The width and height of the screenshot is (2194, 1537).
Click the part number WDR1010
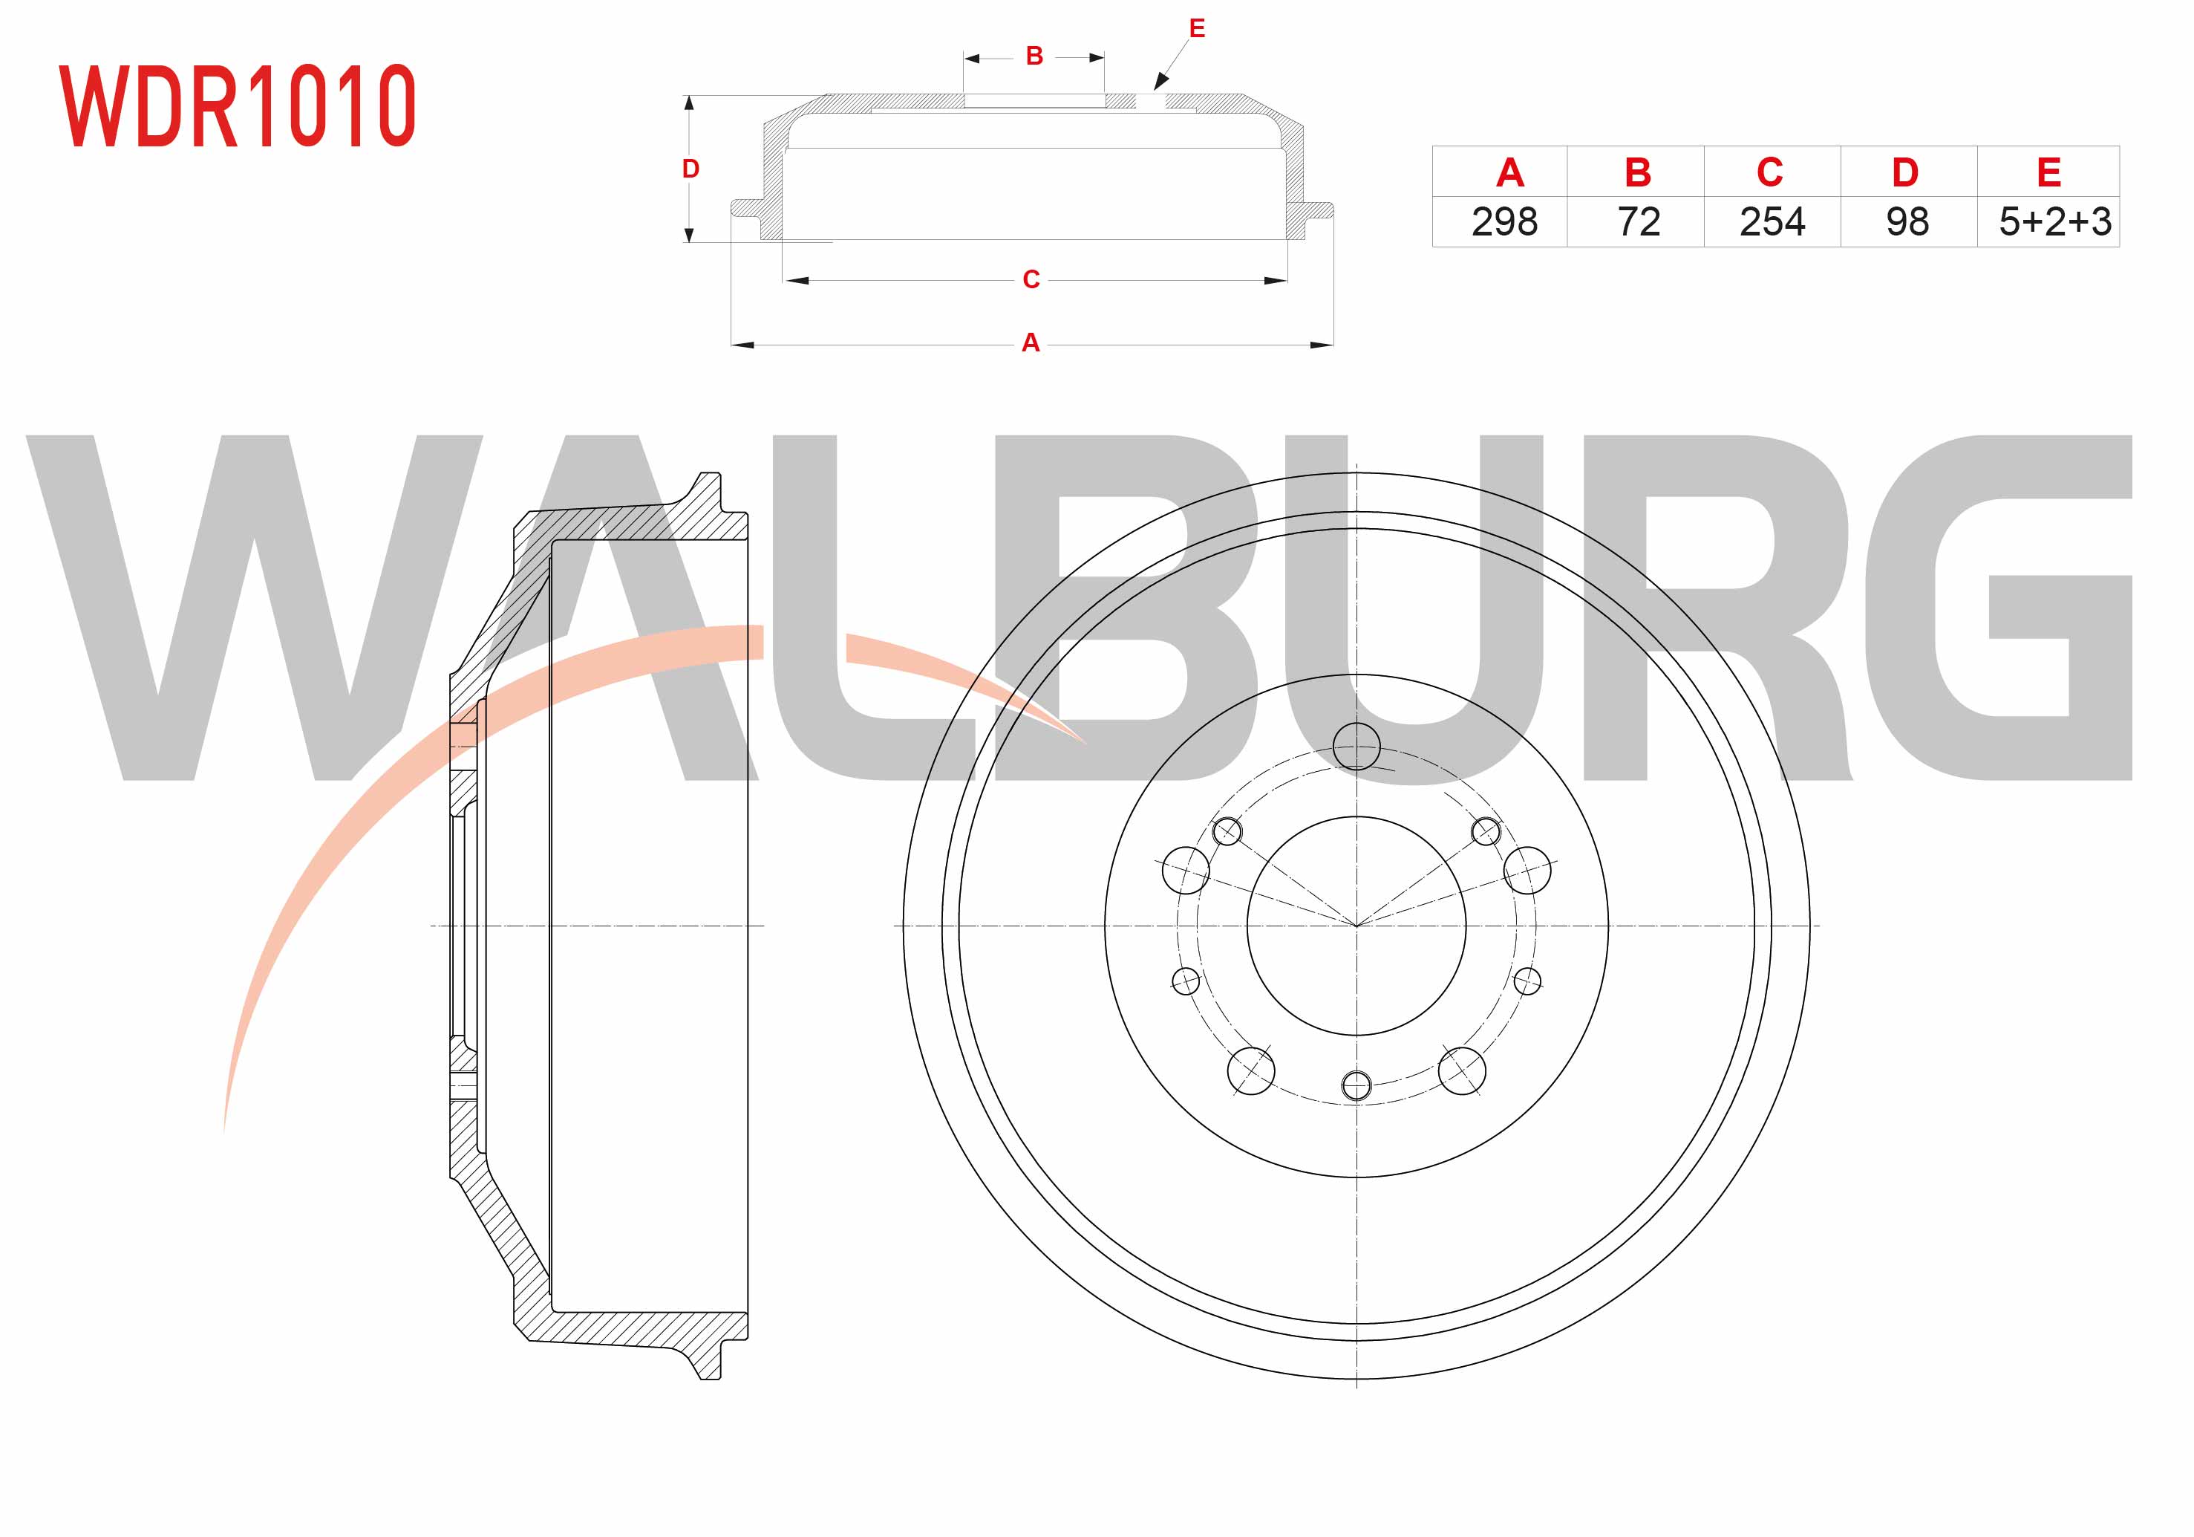[x=238, y=106]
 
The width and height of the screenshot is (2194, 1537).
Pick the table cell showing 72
[x=1638, y=222]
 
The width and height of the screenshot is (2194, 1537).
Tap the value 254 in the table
[x=1772, y=222]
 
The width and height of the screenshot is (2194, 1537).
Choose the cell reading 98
[x=1907, y=222]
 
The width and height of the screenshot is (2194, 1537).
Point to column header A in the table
[x=1509, y=173]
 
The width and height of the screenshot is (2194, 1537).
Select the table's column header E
[x=2048, y=173]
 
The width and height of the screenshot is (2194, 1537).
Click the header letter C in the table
[x=1770, y=173]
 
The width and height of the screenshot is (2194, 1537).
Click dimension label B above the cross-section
[x=1034, y=56]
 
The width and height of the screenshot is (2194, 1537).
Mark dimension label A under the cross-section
[x=1030, y=342]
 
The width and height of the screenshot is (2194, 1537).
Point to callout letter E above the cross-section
[x=1196, y=29]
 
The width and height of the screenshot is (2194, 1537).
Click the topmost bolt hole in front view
[x=1356, y=746]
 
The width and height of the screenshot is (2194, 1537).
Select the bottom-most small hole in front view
[x=1356, y=1085]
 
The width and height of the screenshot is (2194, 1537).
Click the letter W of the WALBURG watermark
[x=253, y=608]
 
